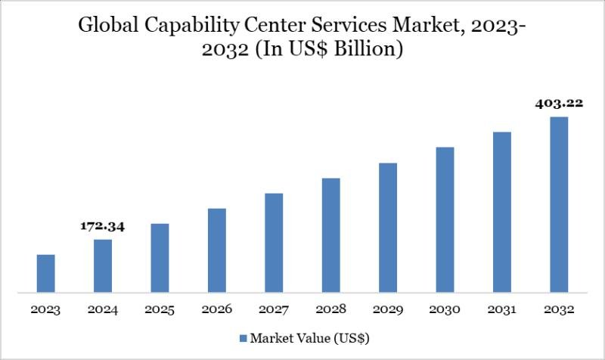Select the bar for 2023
(x=46, y=273)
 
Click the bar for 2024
(x=103, y=265)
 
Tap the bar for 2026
(x=217, y=250)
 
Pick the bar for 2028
(x=331, y=234)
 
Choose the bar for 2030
(x=445, y=219)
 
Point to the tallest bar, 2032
(x=559, y=204)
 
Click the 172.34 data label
(x=103, y=226)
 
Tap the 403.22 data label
(x=559, y=104)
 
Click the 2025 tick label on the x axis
(x=160, y=310)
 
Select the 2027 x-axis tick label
(x=274, y=310)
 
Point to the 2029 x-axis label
(x=388, y=310)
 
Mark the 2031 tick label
(x=502, y=310)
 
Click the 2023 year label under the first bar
(x=46, y=310)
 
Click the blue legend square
(x=243, y=337)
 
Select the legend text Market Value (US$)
(x=310, y=337)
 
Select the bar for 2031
(x=502, y=212)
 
